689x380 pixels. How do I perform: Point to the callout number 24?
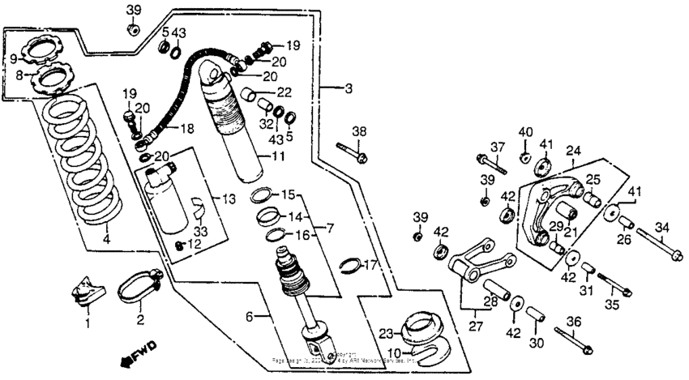point(573,151)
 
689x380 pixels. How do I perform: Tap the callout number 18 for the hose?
point(186,129)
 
